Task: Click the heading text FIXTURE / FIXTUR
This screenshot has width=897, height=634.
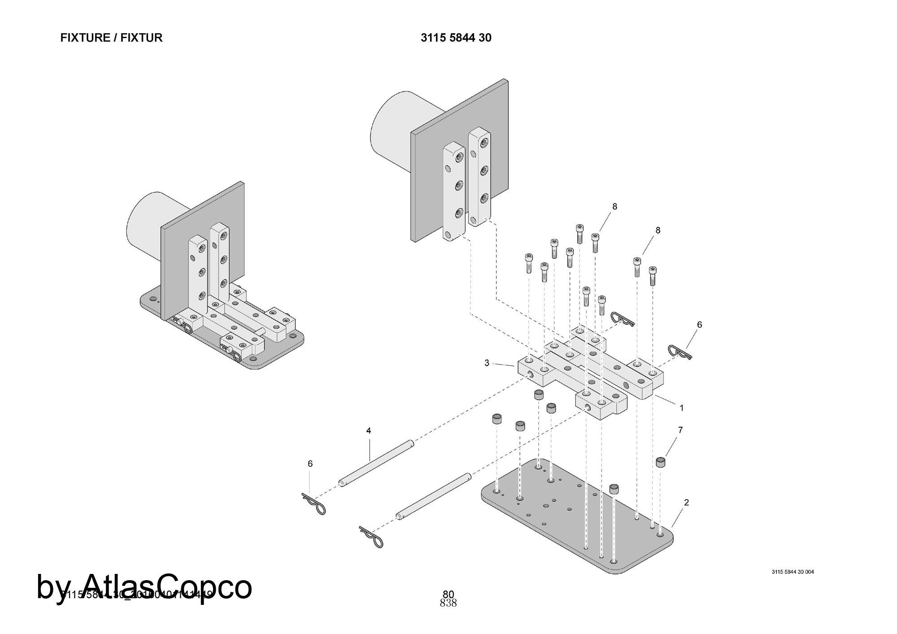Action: [x=111, y=38]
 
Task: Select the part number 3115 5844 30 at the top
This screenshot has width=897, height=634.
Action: [x=456, y=38]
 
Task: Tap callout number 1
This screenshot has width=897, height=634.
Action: [x=682, y=408]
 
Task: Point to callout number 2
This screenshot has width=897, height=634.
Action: [x=687, y=503]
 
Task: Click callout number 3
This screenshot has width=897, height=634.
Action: [x=487, y=363]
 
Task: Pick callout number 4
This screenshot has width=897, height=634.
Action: [x=369, y=431]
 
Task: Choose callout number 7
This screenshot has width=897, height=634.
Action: [x=680, y=430]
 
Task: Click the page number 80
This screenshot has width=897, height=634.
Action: [x=448, y=595]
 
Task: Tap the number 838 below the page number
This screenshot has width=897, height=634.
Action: [x=448, y=604]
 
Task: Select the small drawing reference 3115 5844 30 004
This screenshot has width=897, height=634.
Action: [x=792, y=572]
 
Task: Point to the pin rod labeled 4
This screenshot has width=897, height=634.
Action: [x=376, y=464]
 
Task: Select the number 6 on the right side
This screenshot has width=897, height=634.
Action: [x=699, y=325]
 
